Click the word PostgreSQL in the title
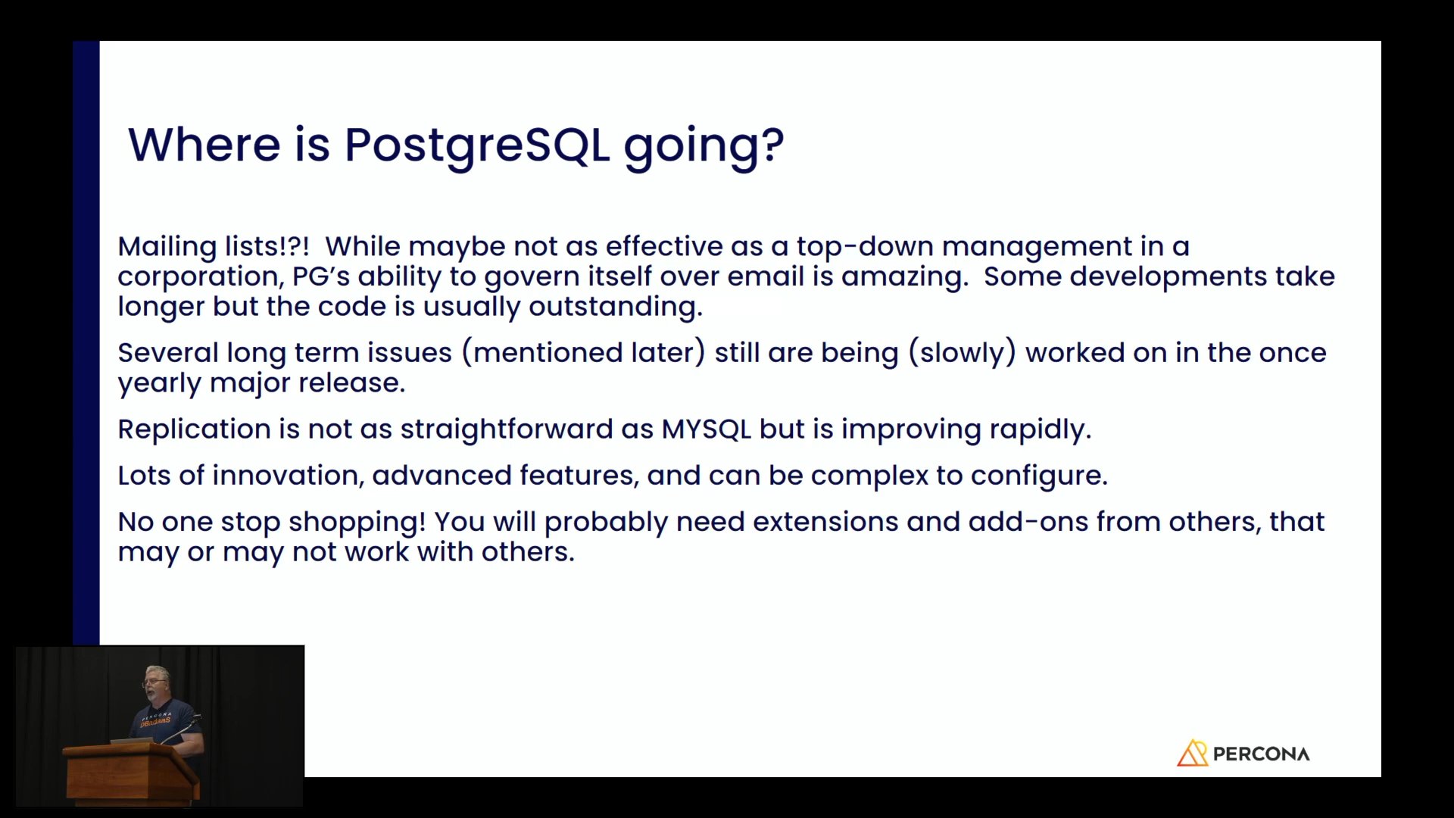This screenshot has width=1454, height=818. pyautogui.click(x=477, y=145)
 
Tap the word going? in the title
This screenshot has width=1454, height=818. pyautogui.click(x=704, y=145)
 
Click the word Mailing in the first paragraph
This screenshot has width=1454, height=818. pyautogui.click(x=167, y=247)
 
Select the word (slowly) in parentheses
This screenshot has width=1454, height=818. pyautogui.click(x=962, y=353)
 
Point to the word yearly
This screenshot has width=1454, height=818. pyautogui.click(x=159, y=384)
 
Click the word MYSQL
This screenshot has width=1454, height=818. pyautogui.click(x=706, y=429)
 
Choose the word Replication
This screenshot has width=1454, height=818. pyautogui.click(x=194, y=429)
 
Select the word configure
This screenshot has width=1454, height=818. pyautogui.click(x=1039, y=476)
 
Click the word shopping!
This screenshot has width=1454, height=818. pyautogui.click(x=357, y=523)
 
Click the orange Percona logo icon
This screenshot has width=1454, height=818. pyautogui.click(x=1192, y=753)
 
